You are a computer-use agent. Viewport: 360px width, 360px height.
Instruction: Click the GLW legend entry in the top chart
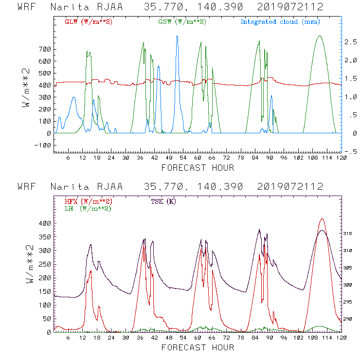pyautogui.click(x=89, y=22)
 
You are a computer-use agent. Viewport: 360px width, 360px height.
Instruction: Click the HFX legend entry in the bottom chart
pyautogui.click(x=89, y=201)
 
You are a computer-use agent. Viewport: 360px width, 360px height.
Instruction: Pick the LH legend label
pyautogui.click(x=88, y=208)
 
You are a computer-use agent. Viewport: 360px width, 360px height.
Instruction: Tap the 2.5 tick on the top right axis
pyautogui.click(x=353, y=42)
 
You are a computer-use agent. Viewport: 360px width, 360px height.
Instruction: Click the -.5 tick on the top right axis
pyautogui.click(x=353, y=151)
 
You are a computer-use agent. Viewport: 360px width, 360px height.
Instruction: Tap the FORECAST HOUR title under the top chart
pyautogui.click(x=198, y=168)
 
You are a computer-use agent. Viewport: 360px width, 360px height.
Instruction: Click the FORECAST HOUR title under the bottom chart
pyautogui.click(x=198, y=347)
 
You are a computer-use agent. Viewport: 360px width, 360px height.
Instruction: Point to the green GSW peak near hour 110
pyautogui.click(x=320, y=36)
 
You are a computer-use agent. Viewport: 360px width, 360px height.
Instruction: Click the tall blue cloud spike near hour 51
pyautogui.click(x=177, y=36)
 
